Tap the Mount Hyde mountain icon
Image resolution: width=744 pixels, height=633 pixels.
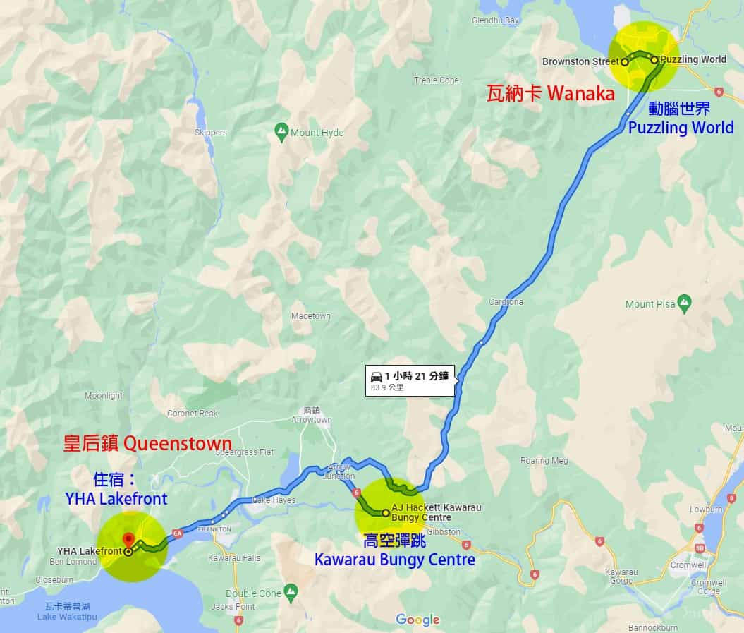[281, 131]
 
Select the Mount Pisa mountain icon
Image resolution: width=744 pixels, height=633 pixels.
[683, 304]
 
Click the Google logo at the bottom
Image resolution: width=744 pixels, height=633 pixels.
[417, 620]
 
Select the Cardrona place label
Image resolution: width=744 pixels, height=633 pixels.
[506, 302]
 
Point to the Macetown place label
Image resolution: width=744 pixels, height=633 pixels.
[311, 316]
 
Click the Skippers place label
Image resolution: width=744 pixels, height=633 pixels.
[211, 132]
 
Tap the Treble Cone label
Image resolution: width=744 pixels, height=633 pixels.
[437, 80]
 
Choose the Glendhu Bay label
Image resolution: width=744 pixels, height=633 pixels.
[495, 20]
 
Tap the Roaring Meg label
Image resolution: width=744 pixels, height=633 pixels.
[544, 461]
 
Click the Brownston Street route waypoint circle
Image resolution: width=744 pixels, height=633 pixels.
[625, 62]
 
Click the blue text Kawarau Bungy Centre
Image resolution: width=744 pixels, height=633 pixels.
[395, 560]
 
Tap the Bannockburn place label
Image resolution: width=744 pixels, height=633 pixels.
[654, 627]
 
